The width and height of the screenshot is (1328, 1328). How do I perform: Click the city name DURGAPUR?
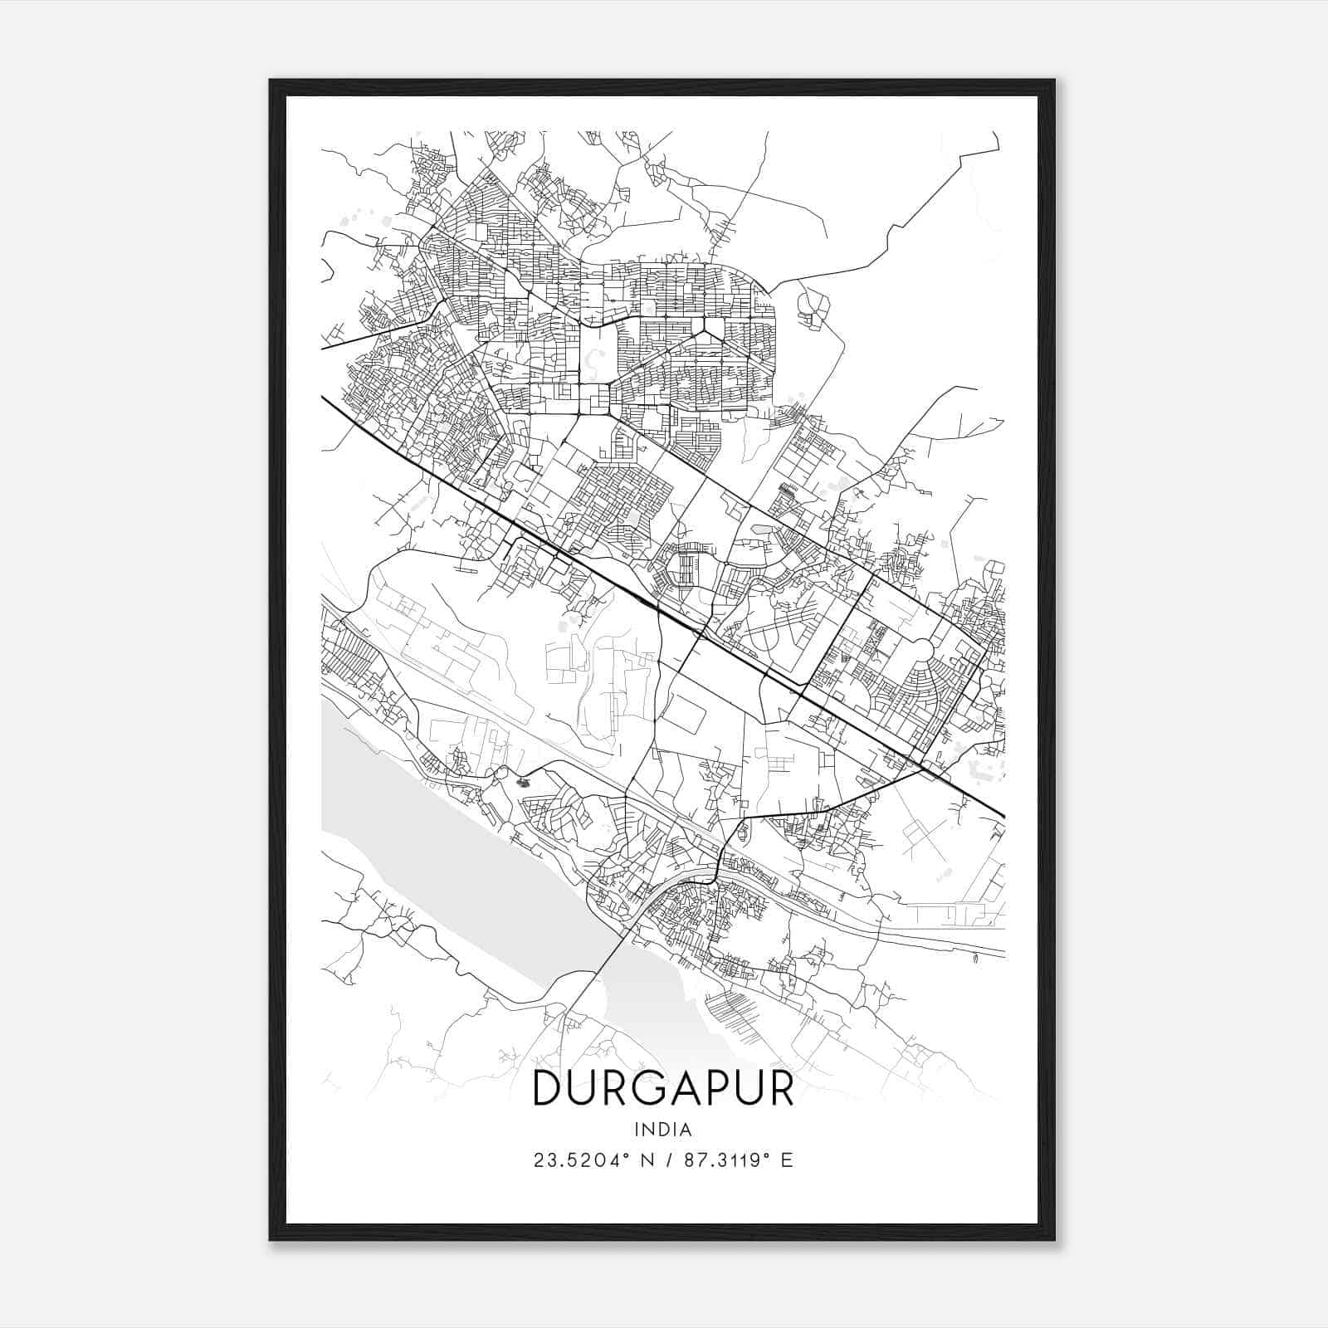662,1088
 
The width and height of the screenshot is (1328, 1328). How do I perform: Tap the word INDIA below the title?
662,1130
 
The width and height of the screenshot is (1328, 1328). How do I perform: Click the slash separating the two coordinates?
667,1160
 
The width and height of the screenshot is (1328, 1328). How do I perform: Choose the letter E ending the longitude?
788,1160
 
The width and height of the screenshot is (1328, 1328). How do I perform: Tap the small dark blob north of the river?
522,781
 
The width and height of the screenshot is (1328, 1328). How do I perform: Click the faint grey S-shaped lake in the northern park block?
592,361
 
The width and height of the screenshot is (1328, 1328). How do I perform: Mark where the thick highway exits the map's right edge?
1003,816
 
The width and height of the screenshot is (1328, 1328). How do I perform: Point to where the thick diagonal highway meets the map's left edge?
324,398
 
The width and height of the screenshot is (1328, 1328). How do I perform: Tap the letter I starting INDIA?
637,1130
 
